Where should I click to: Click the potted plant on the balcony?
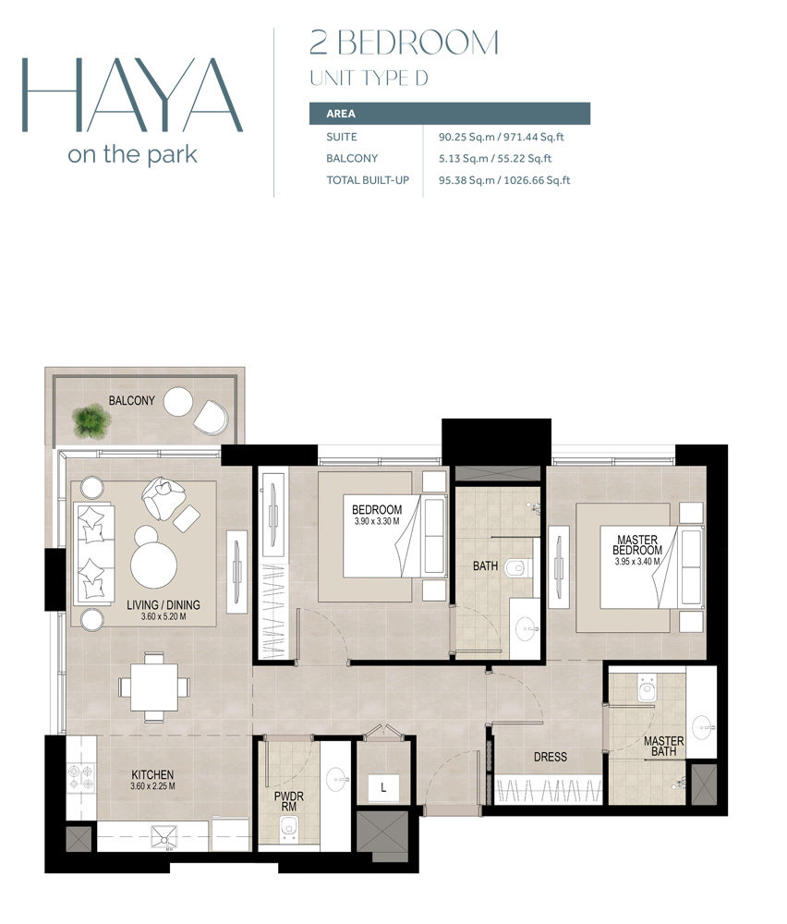(91, 419)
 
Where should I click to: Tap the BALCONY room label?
(131, 401)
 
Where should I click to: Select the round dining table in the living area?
(153, 564)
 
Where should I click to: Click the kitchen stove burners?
(80, 776)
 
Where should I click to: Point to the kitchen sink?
(163, 837)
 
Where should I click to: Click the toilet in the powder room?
(288, 827)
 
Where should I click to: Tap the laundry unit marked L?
(383, 787)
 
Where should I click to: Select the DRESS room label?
(551, 757)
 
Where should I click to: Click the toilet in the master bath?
(647, 688)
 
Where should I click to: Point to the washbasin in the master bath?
(703, 726)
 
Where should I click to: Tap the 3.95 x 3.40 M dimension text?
(636, 562)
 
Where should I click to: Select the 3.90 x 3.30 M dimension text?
(377, 521)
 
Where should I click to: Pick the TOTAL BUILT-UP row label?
(368, 180)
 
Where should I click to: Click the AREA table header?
(341, 114)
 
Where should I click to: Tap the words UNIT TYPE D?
(369, 78)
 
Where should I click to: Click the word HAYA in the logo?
(132, 95)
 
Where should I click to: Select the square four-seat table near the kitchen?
(154, 687)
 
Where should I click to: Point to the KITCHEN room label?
(152, 775)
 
